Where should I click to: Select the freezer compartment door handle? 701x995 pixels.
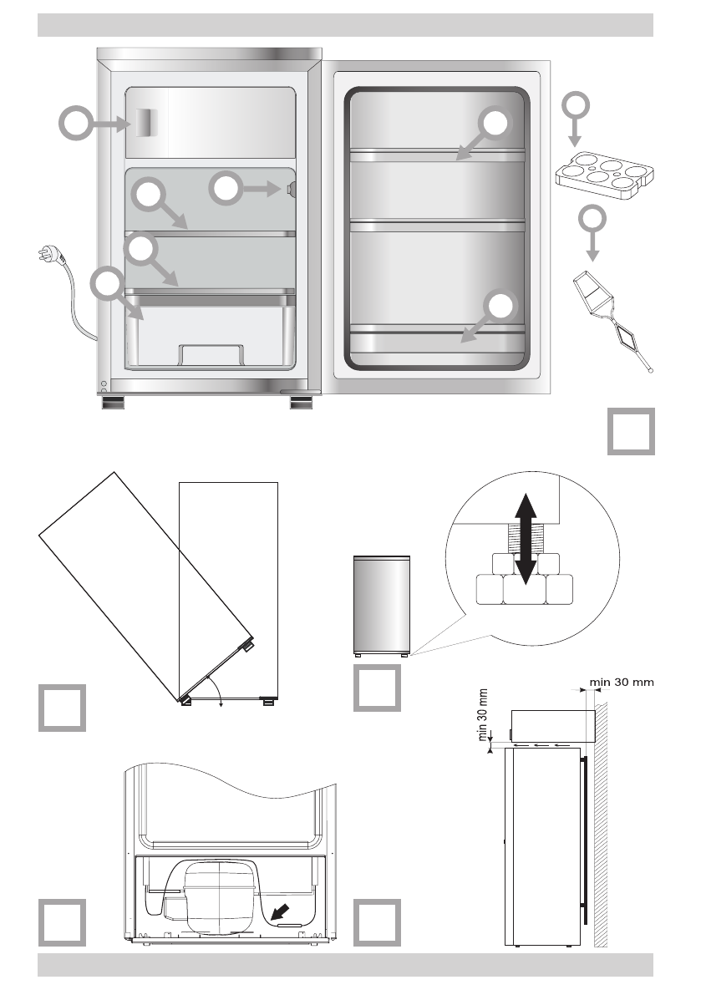click(x=146, y=124)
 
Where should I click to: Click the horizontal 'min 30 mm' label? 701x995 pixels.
click(x=622, y=682)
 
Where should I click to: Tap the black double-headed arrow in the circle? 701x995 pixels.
click(x=525, y=539)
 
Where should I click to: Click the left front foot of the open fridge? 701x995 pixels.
click(x=113, y=404)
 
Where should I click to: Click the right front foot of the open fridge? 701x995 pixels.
click(x=301, y=404)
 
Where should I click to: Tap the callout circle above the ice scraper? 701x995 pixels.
click(x=592, y=220)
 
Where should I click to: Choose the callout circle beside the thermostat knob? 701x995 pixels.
click(x=225, y=189)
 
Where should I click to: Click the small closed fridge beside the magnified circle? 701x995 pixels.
click(x=382, y=605)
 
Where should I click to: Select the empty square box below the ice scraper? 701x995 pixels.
click(x=630, y=432)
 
